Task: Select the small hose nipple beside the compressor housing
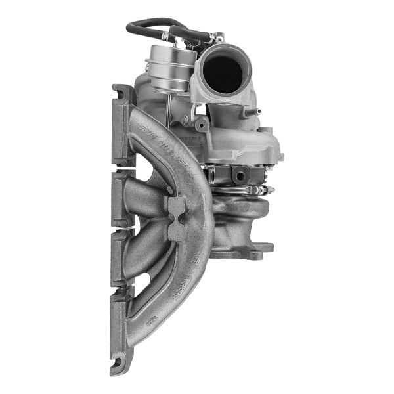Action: [253, 111]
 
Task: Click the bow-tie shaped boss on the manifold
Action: [177, 217]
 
